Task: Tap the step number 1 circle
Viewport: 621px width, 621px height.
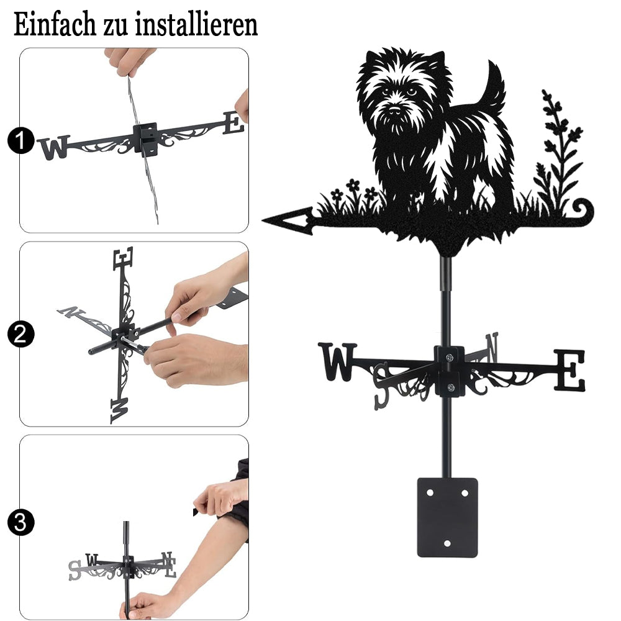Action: tap(21, 140)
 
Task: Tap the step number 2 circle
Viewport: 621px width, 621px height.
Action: tap(21, 334)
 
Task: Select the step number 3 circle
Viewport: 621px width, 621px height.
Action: tap(21, 522)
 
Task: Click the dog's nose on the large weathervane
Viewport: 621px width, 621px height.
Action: tap(394, 109)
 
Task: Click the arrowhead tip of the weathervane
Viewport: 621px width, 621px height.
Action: tap(263, 220)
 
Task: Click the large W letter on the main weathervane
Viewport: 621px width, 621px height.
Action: tap(337, 361)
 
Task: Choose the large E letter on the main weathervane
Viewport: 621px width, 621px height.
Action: tap(569, 370)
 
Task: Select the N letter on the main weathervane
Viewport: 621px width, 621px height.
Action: tap(491, 347)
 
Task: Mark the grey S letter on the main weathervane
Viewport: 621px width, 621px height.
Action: tap(382, 386)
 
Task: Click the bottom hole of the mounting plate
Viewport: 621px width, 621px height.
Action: tap(448, 543)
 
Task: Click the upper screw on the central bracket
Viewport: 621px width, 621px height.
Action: tap(449, 358)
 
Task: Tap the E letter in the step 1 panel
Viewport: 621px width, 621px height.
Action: tap(233, 123)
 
